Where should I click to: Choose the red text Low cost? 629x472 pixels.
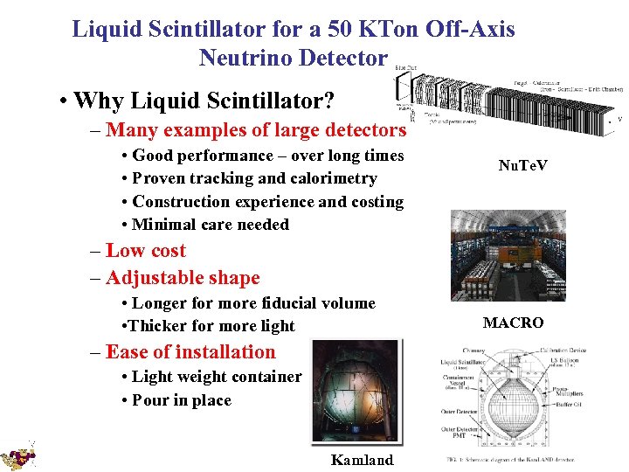145,250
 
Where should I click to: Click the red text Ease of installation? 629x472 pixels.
190,351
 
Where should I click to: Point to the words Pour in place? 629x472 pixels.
181,400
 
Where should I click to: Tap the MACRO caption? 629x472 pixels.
513,323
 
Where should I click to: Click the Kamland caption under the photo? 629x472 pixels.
363,460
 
